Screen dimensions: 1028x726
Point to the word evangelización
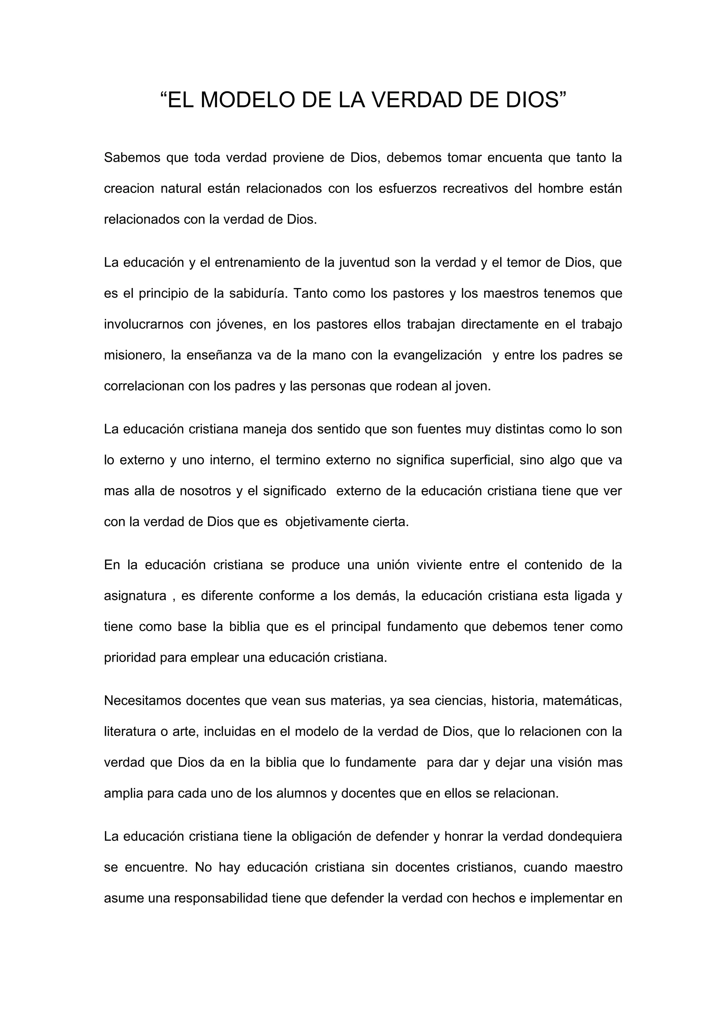pos(437,355)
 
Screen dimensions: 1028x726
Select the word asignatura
pos(135,596)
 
